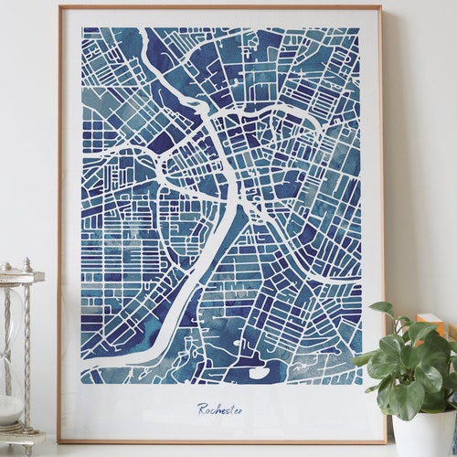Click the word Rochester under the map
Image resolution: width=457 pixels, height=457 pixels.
(x=220, y=409)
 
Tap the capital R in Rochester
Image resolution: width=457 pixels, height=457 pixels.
(x=202, y=409)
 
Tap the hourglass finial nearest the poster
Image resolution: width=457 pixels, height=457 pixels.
(x=27, y=263)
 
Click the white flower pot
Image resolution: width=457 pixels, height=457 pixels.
(x=423, y=437)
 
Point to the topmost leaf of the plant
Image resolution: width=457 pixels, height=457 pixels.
(x=381, y=309)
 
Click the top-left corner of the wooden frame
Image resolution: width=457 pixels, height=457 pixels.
(x=59, y=7)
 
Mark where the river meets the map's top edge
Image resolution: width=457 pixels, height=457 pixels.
(x=147, y=31)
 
